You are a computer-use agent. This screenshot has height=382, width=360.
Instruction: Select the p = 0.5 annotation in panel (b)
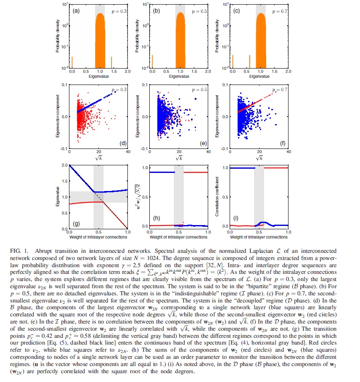[x=196, y=11]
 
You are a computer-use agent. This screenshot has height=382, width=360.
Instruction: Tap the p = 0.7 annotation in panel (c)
[x=275, y=11]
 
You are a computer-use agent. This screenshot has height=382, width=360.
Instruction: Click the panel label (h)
[x=156, y=222]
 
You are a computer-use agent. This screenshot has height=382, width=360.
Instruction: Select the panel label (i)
[x=236, y=222]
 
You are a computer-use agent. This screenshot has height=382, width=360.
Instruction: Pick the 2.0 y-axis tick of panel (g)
[x=64, y=165]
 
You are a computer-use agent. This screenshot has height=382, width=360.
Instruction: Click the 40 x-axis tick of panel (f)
[x=289, y=152]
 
